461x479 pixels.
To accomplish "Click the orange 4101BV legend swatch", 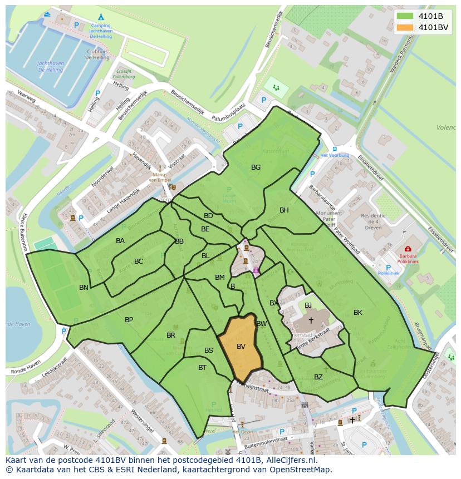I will point(405,27).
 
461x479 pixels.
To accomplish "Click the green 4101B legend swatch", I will point(405,16).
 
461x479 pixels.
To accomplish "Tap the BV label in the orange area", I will point(241,346).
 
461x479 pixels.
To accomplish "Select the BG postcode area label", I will point(256,167).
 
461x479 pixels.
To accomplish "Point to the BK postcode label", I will point(358,313).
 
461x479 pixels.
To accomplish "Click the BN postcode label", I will point(84,288).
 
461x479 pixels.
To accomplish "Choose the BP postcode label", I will point(129,320).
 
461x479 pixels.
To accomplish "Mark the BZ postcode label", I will point(318,377).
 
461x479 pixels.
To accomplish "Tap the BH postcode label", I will point(284,210).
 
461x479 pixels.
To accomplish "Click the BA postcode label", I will point(120,241).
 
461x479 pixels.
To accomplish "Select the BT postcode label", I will point(202,367).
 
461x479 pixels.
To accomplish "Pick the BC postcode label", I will point(139,261).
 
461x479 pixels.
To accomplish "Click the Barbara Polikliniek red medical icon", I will point(408,249).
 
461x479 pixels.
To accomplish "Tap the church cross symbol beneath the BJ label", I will point(311,320).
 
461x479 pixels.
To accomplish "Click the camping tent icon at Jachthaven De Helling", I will point(100,17).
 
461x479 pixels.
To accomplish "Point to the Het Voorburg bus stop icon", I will point(334,149).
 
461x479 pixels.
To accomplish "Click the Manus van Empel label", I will point(160,176).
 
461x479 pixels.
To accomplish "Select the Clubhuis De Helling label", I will point(97,54).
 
